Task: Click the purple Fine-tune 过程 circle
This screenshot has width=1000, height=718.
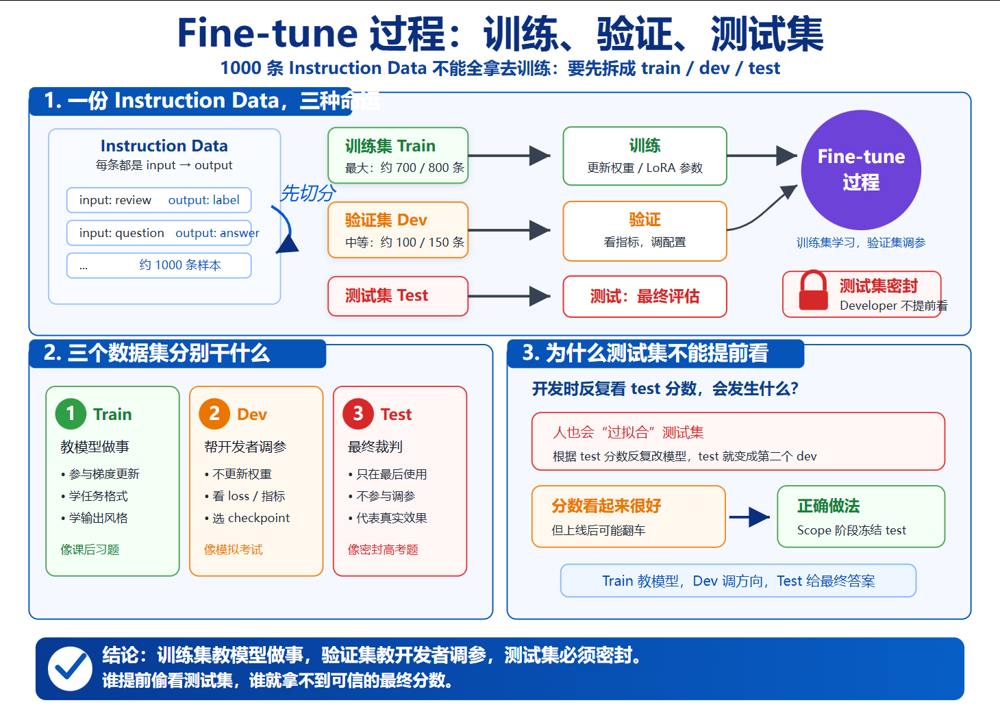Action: coord(861,170)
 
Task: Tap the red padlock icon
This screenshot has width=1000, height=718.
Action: coord(814,290)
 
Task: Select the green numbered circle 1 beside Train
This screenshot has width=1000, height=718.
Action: coord(71,414)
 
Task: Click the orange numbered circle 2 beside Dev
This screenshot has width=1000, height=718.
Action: coord(214,414)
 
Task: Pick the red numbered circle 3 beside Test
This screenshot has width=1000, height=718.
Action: coord(358,414)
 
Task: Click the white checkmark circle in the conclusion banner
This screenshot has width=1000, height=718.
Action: coord(70,669)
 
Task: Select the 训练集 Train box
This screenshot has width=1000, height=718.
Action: coord(398,156)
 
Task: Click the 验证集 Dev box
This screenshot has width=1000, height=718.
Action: coord(398,230)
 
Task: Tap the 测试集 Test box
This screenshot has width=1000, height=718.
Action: coord(398,296)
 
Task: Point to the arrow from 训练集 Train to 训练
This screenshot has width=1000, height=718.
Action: coord(509,156)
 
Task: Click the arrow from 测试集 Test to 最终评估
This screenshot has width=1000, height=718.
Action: coord(509,296)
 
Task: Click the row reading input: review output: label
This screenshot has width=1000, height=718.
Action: coord(159,200)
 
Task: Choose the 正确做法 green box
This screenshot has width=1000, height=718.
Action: coord(861,516)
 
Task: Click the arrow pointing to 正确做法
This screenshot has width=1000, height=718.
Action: coord(749,517)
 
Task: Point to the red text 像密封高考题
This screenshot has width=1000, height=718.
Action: coord(383,549)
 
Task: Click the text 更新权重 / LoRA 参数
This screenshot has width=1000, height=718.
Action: coord(645,168)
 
